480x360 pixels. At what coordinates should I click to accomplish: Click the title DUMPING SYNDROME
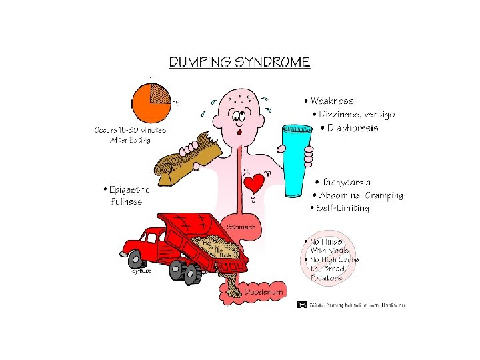[x=239, y=63]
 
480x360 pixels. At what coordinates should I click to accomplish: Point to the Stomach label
[x=241, y=227]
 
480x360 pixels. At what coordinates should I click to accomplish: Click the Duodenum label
[x=265, y=292]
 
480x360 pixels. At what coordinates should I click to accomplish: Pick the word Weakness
[x=332, y=101]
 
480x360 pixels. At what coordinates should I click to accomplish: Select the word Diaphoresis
[x=353, y=128]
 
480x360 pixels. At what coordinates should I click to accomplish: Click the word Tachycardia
[x=347, y=182]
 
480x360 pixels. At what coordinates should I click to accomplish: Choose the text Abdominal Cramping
[x=361, y=195]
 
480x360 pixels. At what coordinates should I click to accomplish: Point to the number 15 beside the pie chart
[x=177, y=103]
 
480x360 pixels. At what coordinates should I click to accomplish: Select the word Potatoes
[x=327, y=277]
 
